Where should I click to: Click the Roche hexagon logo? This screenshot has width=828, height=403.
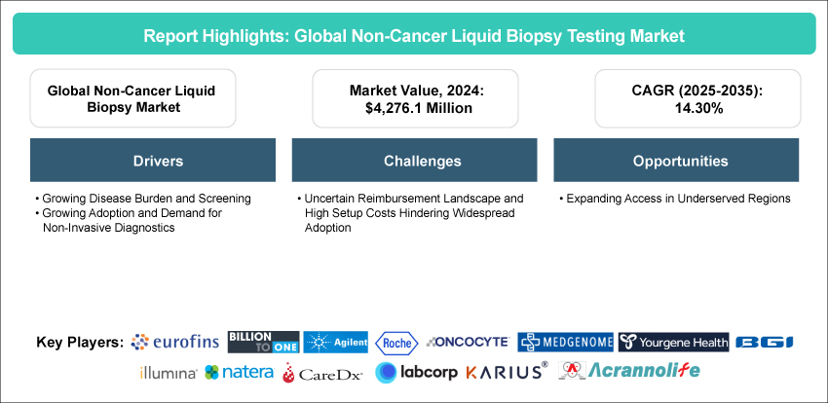(x=396, y=342)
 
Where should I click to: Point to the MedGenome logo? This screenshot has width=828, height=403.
(x=565, y=342)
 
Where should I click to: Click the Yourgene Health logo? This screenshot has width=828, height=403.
(x=673, y=342)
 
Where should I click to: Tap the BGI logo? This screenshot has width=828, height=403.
(x=765, y=343)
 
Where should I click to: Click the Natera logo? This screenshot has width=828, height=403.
(x=240, y=372)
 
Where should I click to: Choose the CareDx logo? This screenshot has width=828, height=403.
(x=322, y=372)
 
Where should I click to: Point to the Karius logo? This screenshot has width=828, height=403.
(x=507, y=372)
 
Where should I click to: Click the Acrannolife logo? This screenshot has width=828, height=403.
(x=629, y=371)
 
